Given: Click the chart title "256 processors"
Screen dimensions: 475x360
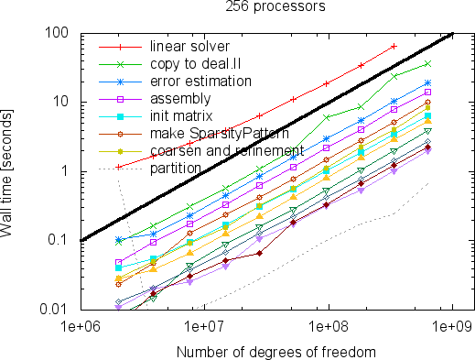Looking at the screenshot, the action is click(275, 6).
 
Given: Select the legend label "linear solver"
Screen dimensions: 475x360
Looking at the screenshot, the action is click(189, 47).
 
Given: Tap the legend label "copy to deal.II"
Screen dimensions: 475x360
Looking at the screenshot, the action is click(196, 64).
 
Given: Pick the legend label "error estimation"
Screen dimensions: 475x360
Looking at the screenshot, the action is click(200, 82).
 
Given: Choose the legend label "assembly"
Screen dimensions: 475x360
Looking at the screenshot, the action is click(180, 99).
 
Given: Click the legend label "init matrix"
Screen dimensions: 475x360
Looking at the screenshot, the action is click(181, 116).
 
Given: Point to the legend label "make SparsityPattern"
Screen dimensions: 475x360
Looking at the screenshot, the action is click(220, 134).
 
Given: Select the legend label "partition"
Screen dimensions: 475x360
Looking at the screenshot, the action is click(176, 169).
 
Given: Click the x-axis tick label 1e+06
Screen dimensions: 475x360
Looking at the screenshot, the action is click(81, 327).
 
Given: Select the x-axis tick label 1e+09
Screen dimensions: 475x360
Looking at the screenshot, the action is click(452, 327).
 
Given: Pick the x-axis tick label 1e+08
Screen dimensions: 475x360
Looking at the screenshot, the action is click(329, 327).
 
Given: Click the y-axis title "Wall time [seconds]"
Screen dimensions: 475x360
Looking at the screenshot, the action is click(6, 173).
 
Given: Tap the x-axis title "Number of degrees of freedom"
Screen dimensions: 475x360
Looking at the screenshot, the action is click(276, 353).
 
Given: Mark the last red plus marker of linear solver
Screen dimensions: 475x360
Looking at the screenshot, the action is click(394, 47).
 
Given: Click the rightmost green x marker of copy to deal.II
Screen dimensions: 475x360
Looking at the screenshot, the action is click(427, 64).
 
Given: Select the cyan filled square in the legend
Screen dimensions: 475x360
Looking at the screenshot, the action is click(120, 116).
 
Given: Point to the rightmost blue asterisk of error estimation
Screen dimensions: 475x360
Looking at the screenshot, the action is click(427, 83).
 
